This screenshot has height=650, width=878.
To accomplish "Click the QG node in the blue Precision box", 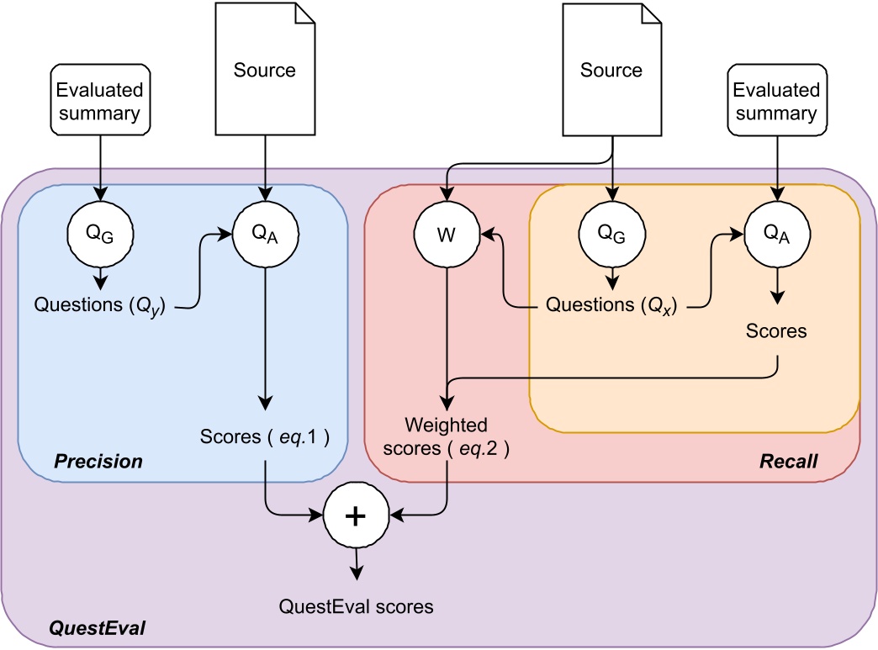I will coord(101,235).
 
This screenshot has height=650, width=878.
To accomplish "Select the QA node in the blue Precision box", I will coord(265,235).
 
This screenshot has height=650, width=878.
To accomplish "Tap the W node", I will coord(447,235).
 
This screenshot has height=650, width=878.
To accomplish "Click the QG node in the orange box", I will coord(612,235).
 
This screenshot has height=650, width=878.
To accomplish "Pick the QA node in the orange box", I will coord(776,235).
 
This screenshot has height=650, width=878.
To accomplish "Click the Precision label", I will coord(98,462).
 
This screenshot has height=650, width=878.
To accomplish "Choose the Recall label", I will coord(789,462).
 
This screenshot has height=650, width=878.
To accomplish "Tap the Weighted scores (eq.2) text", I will coord(447,435).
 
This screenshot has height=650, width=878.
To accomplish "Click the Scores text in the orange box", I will coord(776,331).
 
